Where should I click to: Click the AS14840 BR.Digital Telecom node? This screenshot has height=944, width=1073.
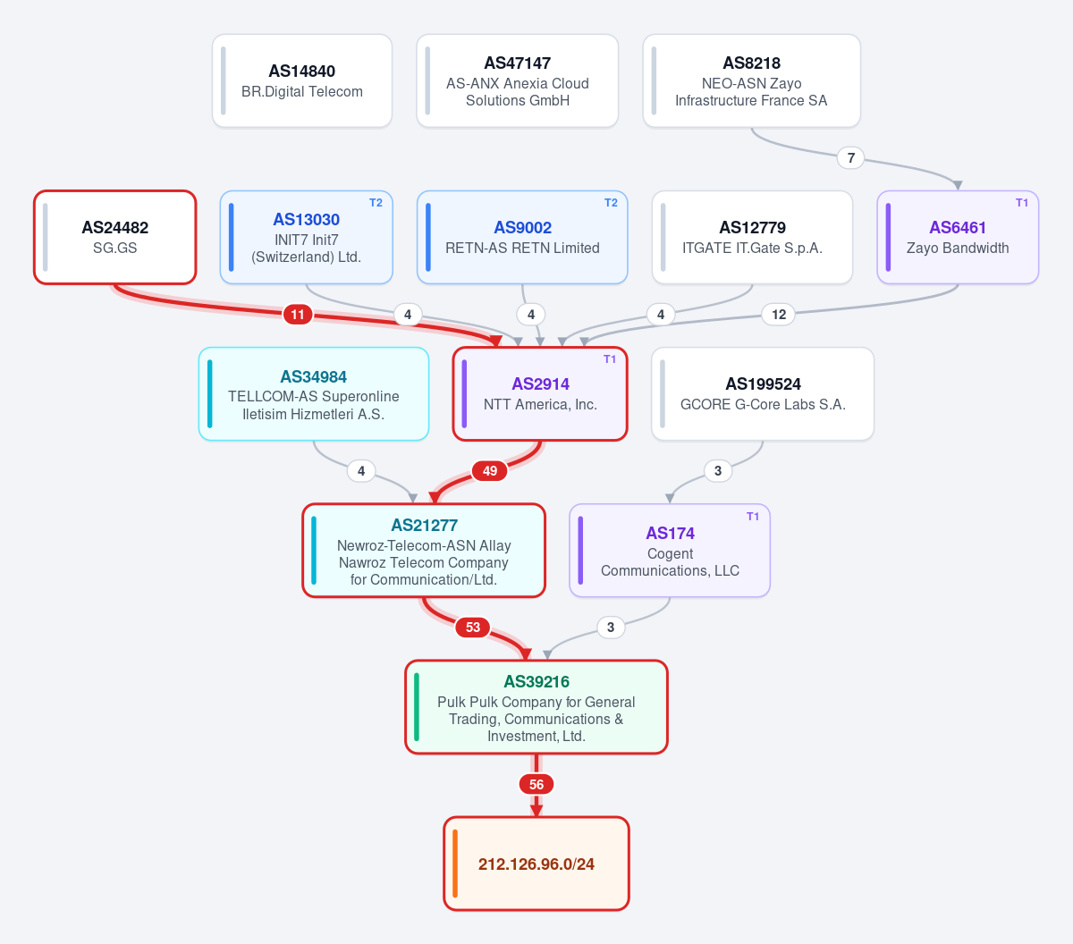coord(302,80)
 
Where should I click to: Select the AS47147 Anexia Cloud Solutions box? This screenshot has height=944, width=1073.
coord(518,80)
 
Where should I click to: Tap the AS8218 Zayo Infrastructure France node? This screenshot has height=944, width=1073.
coord(751,80)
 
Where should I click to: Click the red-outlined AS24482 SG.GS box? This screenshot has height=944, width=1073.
coord(115,237)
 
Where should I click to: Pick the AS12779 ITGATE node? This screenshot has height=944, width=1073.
coord(752,237)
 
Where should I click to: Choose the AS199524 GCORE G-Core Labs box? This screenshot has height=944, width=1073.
coord(763,393)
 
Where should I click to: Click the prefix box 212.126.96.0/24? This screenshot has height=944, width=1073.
coord(536,864)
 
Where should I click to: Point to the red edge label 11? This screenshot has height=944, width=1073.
coord(298,315)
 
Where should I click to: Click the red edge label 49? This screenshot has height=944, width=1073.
coord(490,471)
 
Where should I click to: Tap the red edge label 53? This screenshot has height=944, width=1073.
coord(472,628)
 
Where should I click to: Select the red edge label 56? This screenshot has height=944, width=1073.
coord(536,784)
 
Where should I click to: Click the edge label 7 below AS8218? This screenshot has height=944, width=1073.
coord(850,157)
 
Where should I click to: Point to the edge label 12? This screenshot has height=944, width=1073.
coord(779,315)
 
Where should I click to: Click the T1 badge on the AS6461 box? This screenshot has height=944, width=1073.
coord(1022,203)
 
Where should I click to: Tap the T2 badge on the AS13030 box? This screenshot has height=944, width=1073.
coord(376,203)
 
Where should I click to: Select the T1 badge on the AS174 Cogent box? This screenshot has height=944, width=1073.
coord(753,516)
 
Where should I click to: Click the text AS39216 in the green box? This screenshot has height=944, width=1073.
coord(536,681)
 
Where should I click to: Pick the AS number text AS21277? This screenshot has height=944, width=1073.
coord(424,526)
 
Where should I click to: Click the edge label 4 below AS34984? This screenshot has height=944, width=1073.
coord(361,471)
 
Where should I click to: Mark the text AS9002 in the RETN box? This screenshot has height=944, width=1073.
coord(523,228)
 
